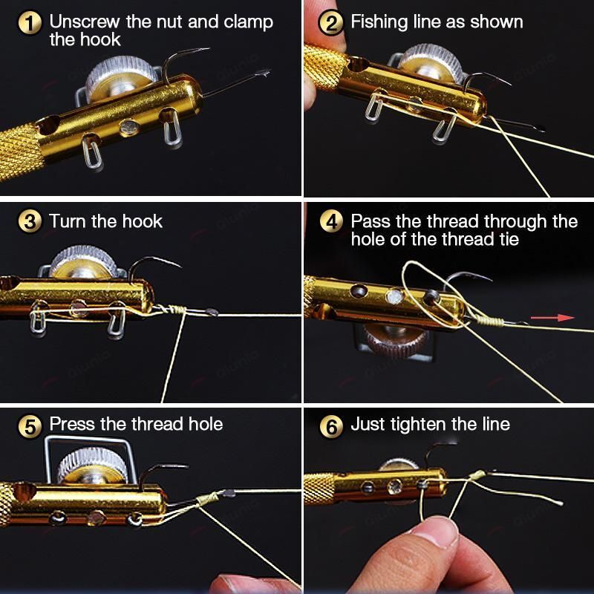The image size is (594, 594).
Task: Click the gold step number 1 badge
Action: coord(30,22)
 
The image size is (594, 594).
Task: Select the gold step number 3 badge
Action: coord(30,221)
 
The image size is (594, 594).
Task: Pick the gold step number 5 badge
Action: coord(30,425)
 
